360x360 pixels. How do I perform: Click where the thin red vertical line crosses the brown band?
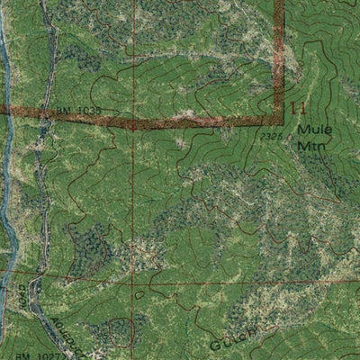click(x=133, y=121)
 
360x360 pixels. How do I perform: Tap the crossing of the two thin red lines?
click(x=132, y=279)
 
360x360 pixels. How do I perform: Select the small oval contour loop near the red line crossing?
click(x=139, y=292)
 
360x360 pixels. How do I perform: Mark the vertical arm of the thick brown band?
click(x=279, y=54)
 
